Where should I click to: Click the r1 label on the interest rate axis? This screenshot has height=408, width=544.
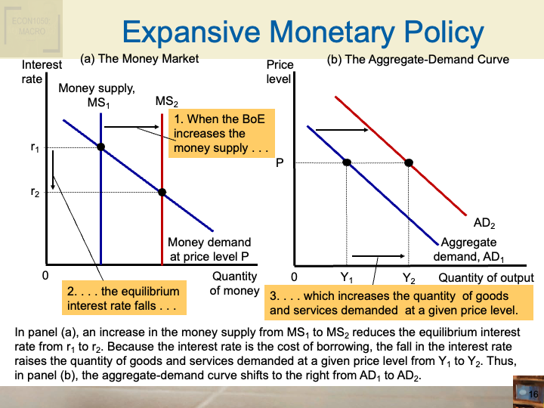(x=35, y=149)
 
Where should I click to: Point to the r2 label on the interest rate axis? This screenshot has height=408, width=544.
(x=35, y=193)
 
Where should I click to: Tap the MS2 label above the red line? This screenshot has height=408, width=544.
(x=167, y=101)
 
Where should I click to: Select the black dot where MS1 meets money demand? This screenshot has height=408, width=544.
(x=100, y=147)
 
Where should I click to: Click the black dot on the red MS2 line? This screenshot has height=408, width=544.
(x=162, y=192)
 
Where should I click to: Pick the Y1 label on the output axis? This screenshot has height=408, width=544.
(x=347, y=278)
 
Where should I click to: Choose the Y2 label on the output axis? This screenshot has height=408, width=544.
(x=409, y=278)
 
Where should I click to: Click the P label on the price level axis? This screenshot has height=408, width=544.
(x=280, y=161)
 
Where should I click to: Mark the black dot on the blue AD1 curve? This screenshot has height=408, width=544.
(x=347, y=162)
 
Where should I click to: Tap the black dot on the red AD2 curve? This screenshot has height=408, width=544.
(x=409, y=162)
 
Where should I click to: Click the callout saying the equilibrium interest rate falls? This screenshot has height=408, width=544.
(x=122, y=298)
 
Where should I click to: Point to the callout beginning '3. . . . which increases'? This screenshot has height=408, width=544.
(x=394, y=303)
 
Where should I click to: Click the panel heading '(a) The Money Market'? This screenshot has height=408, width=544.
(x=140, y=58)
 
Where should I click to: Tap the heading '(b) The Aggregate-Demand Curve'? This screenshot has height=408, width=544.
(x=418, y=59)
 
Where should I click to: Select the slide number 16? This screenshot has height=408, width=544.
(x=533, y=394)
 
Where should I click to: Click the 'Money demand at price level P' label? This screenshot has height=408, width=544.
(x=209, y=249)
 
